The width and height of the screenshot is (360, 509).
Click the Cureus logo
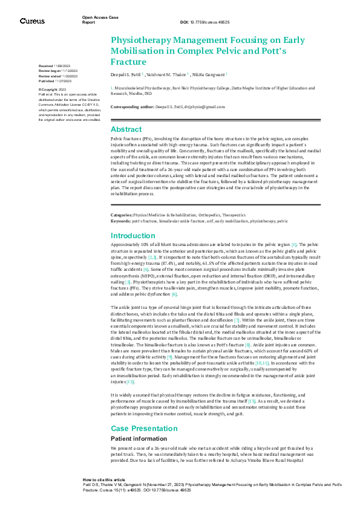tap(32, 21)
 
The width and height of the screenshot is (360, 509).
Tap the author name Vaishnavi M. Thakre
tap(168, 74)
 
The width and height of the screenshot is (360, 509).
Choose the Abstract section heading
tap(126, 129)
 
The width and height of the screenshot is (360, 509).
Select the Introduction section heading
tap(133, 235)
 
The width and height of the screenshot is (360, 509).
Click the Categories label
tap(121, 215)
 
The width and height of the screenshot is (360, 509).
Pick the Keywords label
tap(120, 221)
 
